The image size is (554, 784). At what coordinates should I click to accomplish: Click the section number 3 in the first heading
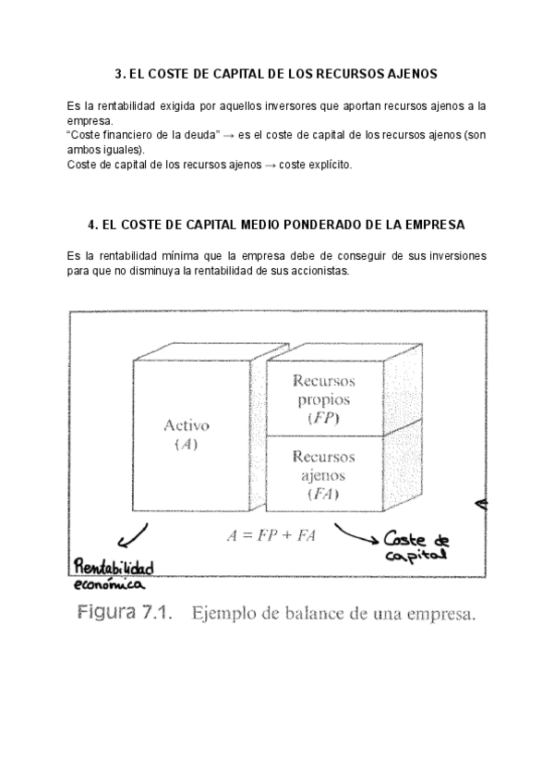coord(118,72)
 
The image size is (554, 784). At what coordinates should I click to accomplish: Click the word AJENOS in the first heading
coord(410,72)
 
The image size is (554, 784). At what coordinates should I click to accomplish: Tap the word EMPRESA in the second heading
coord(434,224)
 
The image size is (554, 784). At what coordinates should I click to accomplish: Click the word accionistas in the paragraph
coord(310,270)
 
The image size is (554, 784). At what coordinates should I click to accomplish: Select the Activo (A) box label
coord(187,435)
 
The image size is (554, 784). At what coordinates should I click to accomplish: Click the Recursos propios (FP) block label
coord(323,398)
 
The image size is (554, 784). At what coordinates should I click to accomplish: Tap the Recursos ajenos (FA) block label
coord(323,476)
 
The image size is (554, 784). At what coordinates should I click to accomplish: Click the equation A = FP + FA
coord(271,535)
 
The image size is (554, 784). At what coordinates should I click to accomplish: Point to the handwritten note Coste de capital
coord(416,545)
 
